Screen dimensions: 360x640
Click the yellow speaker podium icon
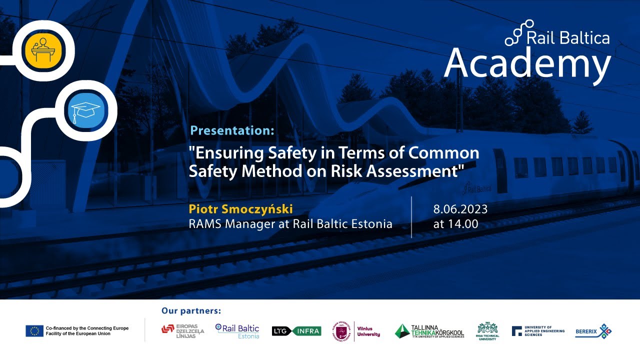(x=43, y=48)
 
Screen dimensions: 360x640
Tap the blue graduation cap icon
(x=85, y=110)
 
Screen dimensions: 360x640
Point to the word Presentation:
(x=232, y=131)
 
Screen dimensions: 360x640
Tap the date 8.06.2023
(x=460, y=209)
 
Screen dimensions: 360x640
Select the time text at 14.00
(x=455, y=224)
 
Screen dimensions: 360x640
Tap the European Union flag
(x=34, y=330)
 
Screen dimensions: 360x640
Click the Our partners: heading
(x=191, y=311)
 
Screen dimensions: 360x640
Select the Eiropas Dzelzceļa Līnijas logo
(x=183, y=330)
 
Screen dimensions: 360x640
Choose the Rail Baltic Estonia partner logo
(x=237, y=330)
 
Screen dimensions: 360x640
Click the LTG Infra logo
(x=296, y=330)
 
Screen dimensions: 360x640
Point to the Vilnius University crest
(x=342, y=331)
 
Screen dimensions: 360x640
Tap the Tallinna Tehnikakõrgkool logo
(x=429, y=330)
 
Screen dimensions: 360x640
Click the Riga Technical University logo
(x=487, y=331)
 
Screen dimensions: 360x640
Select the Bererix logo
(x=593, y=330)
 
